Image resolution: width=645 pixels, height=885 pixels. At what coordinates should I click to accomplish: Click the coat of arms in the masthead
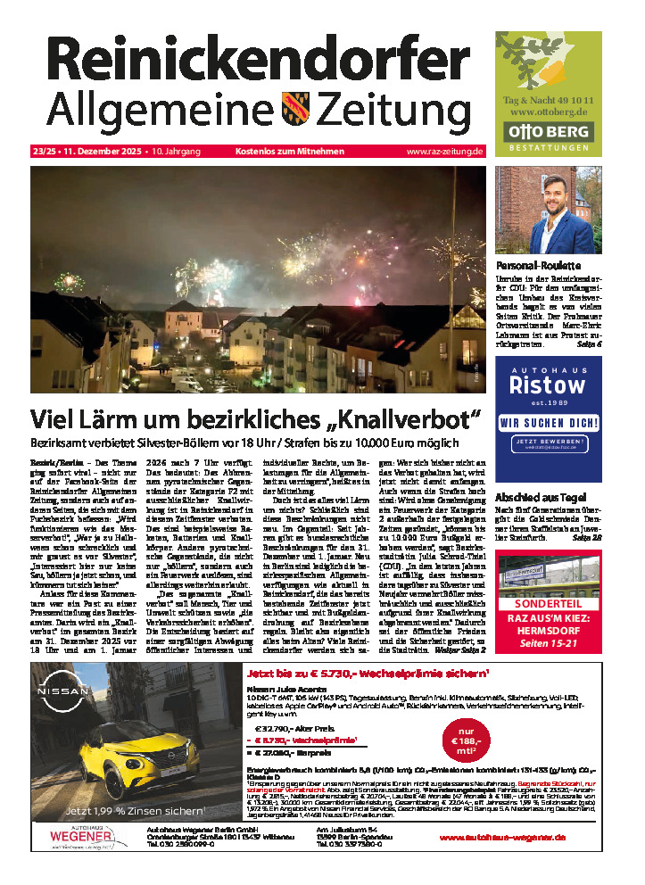[x=295, y=109]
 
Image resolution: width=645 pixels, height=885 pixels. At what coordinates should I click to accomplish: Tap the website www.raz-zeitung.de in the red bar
[x=444, y=152]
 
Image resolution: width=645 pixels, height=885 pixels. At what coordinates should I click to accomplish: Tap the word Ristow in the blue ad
[x=547, y=386]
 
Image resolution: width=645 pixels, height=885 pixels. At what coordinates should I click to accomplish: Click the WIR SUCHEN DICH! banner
[x=548, y=421]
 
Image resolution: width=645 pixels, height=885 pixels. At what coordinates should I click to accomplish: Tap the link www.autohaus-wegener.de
[x=502, y=838]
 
